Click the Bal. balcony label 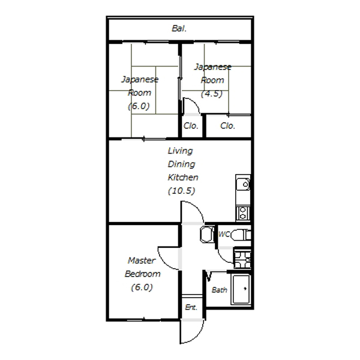[x=179, y=28]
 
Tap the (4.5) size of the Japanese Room [x=212, y=94]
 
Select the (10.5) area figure [x=182, y=191]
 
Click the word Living [x=180, y=151]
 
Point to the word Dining [x=181, y=164]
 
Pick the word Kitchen [x=183, y=177]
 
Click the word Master [x=142, y=260]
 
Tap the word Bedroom [x=142, y=274]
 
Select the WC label [x=224, y=234]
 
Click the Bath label [x=219, y=290]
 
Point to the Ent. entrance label [x=191, y=307]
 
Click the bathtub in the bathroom [x=241, y=289]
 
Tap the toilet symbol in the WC [x=241, y=235]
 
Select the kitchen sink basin [x=244, y=184]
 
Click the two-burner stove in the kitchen [x=243, y=213]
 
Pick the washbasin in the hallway [x=207, y=234]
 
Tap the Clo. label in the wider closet [x=227, y=126]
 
